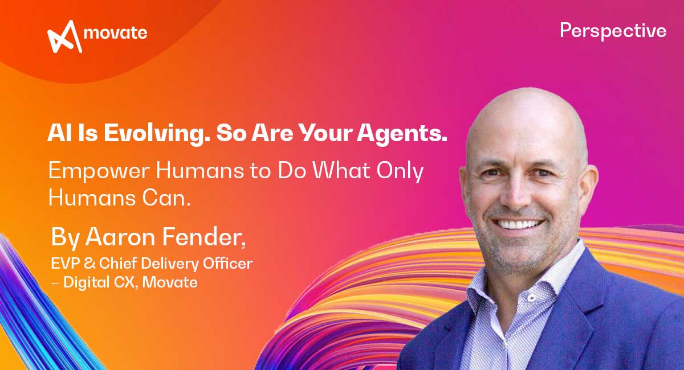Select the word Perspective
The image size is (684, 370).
tap(613, 31)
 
